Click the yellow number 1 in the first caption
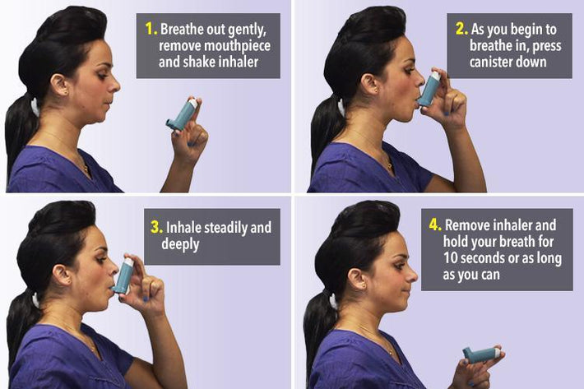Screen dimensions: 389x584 click(151, 29)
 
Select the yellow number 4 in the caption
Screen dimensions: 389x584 click(435, 225)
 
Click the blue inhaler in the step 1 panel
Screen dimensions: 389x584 click(182, 115)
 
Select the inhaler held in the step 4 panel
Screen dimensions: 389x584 click(480, 354)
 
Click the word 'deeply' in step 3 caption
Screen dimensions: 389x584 click(185, 244)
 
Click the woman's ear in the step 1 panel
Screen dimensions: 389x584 click(59, 85)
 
